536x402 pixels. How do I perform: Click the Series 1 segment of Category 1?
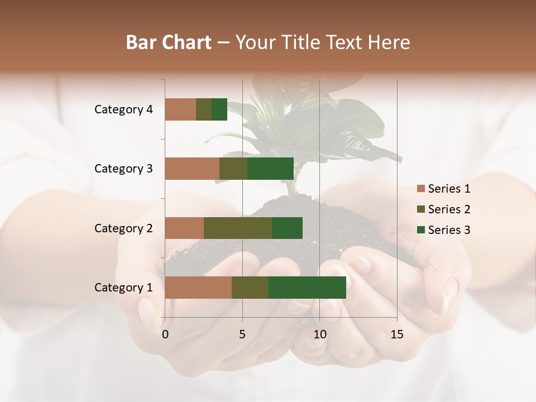(198, 288)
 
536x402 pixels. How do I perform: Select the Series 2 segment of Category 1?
(250, 288)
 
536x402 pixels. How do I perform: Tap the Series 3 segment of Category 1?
(307, 288)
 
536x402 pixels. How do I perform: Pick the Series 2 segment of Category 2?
(238, 228)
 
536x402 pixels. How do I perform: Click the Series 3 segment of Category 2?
(287, 228)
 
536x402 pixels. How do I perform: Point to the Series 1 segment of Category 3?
(192, 169)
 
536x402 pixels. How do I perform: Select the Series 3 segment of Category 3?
(270, 169)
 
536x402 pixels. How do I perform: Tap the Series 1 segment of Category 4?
(180, 109)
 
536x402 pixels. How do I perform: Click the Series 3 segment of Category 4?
(219, 109)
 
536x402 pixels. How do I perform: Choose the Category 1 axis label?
(123, 288)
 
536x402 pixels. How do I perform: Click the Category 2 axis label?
(123, 228)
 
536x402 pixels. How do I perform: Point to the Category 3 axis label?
(123, 169)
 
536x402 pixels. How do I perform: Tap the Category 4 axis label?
(123, 109)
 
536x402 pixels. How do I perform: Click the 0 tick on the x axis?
(165, 334)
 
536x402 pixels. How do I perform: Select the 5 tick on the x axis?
(242, 334)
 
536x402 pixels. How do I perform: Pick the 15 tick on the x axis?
(397, 334)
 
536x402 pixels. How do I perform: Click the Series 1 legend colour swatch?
(420, 189)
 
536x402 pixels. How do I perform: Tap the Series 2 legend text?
(449, 209)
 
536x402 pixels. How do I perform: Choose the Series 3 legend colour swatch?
(420, 230)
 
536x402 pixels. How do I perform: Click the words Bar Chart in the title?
(169, 42)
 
